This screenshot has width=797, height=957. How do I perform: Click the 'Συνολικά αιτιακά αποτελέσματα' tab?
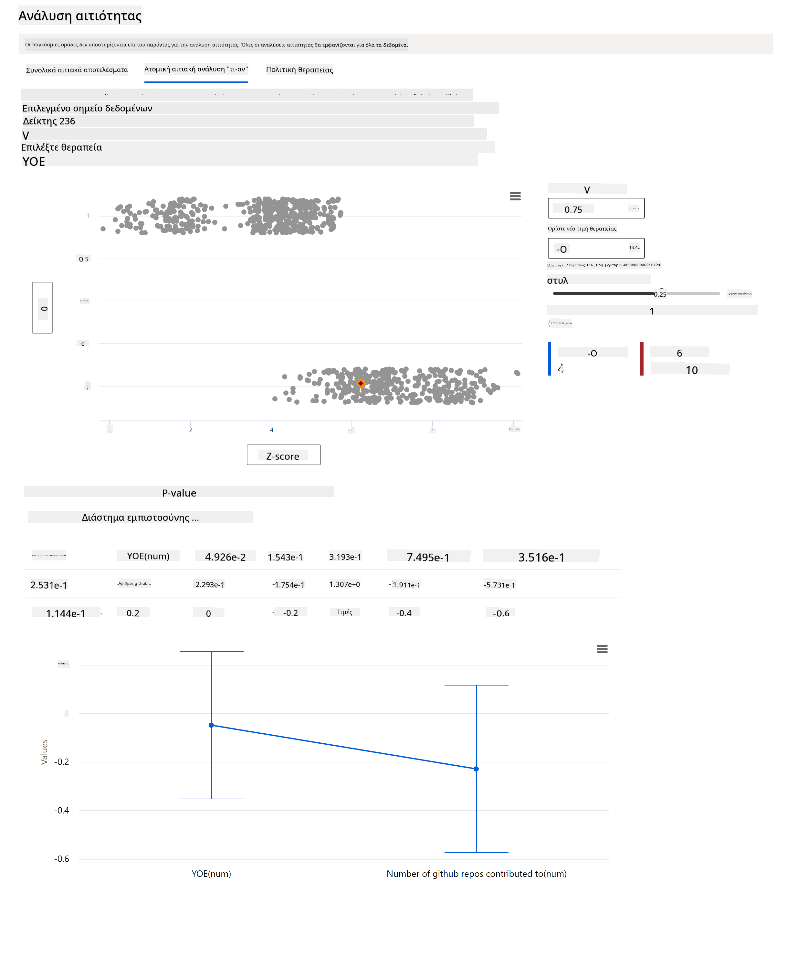pos(77,70)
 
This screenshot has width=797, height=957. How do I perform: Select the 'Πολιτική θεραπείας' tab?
pos(299,70)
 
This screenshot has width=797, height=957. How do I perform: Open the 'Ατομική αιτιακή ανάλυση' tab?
pos(196,69)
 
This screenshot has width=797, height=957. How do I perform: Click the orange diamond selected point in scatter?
pos(361,383)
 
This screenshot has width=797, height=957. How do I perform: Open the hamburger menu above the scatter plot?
pos(515,196)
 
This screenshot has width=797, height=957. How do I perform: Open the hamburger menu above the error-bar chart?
pos(602,649)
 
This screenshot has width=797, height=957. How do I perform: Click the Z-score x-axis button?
pos(283,455)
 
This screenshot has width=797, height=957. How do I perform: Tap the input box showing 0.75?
pos(596,209)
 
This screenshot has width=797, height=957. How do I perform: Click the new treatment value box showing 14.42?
pos(596,248)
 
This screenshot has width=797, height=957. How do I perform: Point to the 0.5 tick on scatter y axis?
pos(84,259)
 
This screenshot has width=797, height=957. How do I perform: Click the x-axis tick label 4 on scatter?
pos(271,430)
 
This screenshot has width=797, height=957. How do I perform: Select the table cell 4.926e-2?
pos(225,557)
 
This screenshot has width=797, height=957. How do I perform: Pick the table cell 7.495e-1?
pos(428,557)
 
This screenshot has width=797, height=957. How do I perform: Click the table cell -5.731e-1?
pos(499,585)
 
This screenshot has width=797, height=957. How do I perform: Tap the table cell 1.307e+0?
pos(344,585)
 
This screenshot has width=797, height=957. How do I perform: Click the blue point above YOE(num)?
pos(211,725)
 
